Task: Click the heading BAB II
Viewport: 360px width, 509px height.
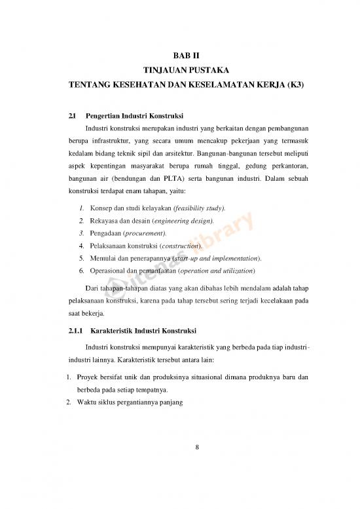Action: tap(179, 56)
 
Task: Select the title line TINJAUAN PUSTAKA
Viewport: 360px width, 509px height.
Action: tap(179, 71)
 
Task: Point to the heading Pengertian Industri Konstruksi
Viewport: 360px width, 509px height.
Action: tap(134, 116)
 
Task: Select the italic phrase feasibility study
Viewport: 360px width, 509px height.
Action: tap(197, 208)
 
